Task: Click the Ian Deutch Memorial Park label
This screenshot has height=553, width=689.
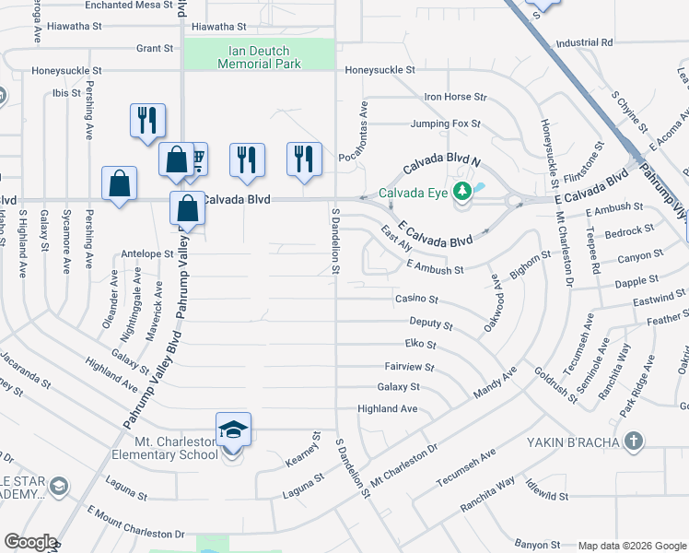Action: click(259, 57)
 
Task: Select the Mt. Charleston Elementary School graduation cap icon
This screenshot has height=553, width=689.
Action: click(233, 429)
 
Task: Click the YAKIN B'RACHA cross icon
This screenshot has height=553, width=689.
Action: click(633, 441)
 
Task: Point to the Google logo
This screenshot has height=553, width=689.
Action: click(29, 542)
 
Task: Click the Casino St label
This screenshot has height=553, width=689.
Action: click(416, 300)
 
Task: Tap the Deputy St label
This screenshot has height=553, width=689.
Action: click(431, 324)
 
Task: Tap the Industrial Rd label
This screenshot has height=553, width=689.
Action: click(584, 42)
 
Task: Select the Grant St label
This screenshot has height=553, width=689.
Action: click(155, 48)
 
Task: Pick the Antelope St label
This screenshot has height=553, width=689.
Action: click(147, 253)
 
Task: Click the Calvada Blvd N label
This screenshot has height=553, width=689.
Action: click(441, 158)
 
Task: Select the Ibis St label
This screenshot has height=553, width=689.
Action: click(66, 93)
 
